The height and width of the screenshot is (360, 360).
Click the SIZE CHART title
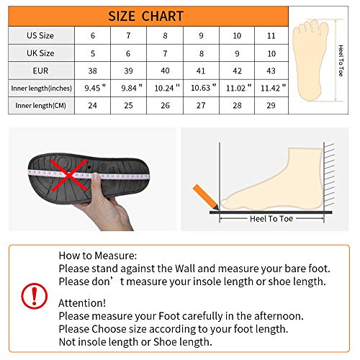pos(146,16)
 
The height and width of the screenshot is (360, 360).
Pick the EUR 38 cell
pos(92,70)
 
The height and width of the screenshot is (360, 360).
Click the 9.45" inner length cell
pos(92,87)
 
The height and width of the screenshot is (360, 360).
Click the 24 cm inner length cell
pos(92,105)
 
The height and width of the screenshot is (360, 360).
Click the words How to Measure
pos(97,256)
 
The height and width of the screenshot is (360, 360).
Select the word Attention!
pos(82,303)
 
